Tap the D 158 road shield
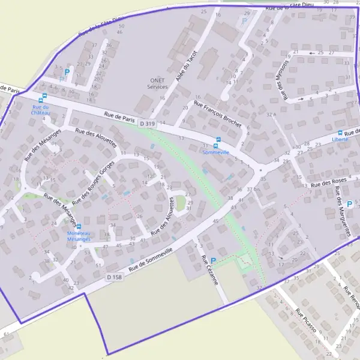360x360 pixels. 115,277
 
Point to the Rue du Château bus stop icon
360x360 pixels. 41,100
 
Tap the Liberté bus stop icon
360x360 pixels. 340,133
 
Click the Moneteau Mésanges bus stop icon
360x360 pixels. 79,226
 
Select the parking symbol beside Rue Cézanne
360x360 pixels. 213,261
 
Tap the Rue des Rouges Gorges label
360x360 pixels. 92,184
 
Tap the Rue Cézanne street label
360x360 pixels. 211,271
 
